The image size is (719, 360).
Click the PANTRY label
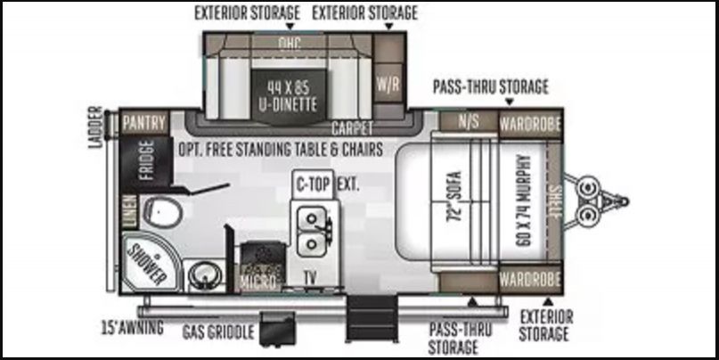click(144, 123)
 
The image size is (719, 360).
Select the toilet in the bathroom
click(163, 213)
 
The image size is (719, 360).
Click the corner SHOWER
click(150, 262)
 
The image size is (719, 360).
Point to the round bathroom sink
click(205, 275)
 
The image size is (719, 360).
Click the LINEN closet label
click(129, 212)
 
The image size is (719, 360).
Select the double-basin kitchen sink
click(314, 231)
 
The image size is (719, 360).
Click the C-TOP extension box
click(314, 184)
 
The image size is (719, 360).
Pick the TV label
click(310, 276)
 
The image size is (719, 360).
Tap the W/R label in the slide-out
click(388, 84)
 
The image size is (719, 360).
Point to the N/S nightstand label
click(468, 121)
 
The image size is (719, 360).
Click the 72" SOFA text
click(454, 198)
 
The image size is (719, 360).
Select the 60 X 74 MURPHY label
click(523, 200)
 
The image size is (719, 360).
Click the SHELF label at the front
click(555, 201)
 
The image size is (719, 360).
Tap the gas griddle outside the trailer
click(277, 328)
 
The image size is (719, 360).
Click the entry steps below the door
click(372, 318)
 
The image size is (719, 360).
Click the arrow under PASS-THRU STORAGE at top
click(509, 102)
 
